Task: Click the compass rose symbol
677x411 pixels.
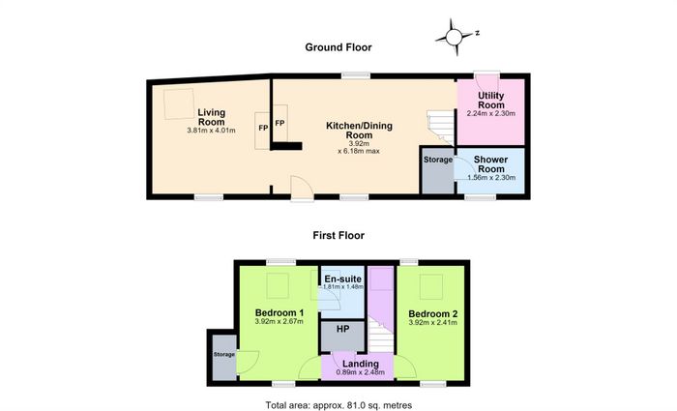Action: pos(454,37)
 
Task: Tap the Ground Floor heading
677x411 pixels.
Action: pos(338,47)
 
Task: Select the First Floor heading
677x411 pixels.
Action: pos(338,235)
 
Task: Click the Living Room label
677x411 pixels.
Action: pos(212,117)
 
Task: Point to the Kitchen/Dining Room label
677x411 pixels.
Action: pos(359,131)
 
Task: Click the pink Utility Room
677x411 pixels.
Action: pos(491,112)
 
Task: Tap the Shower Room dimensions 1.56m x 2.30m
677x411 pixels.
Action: pos(491,177)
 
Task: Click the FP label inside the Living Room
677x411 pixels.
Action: pos(263,128)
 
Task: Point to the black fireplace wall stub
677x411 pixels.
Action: pos(286,146)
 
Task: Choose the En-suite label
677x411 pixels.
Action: pos(342,279)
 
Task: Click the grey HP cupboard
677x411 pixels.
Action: pos(342,336)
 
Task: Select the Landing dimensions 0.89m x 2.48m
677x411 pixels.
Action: pos(361,372)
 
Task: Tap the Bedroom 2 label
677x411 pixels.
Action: pos(432,314)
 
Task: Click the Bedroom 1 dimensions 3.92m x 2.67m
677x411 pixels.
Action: pos(279,321)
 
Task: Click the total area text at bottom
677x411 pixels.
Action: pos(338,405)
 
